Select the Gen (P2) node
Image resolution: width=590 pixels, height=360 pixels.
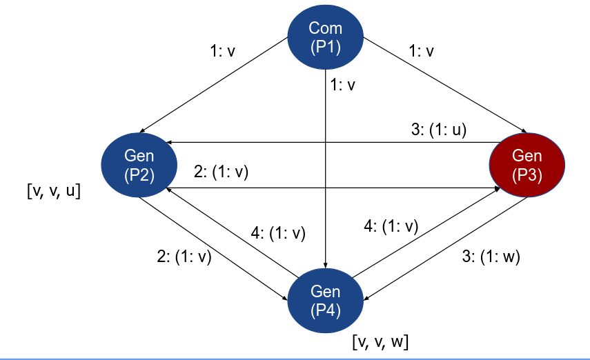pyautogui.click(x=139, y=166)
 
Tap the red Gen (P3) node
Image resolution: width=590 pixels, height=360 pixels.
pyautogui.click(x=527, y=166)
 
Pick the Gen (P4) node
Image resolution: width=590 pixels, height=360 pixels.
pyautogui.click(x=325, y=301)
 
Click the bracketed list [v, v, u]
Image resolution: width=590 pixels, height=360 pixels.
pyautogui.click(x=52, y=192)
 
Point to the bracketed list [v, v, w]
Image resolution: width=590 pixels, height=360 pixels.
pyautogui.click(x=380, y=341)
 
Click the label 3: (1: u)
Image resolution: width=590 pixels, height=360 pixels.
pyautogui.click(x=439, y=129)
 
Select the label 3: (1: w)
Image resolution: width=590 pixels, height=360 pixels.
pyautogui.click(x=489, y=257)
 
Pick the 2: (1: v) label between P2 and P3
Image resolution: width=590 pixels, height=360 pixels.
pyautogui.click(x=221, y=172)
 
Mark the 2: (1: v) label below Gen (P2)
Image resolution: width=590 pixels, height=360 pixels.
pyautogui.click(x=184, y=257)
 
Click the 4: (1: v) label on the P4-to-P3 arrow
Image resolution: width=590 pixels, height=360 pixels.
pyautogui.click(x=391, y=226)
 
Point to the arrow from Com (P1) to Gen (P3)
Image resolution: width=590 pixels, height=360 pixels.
pyautogui.click(x=442, y=87)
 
